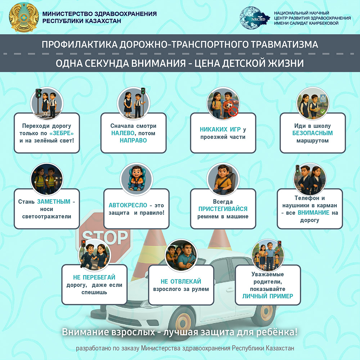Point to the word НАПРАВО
134,140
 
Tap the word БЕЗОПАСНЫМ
312,133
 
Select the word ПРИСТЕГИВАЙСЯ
223,209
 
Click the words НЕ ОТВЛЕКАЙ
181,281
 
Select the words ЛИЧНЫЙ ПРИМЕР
267,296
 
